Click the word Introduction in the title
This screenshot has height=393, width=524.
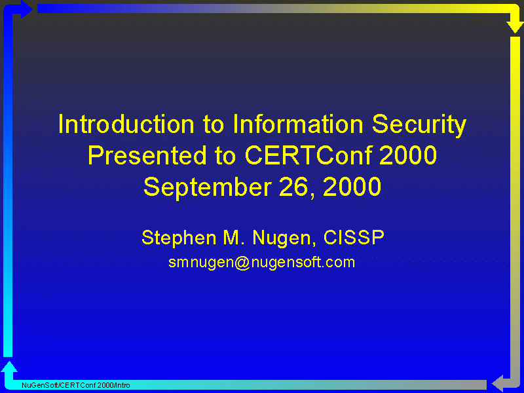[x=126, y=124]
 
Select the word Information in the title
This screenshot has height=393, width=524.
[x=298, y=124]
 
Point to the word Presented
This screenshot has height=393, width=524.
[x=147, y=155]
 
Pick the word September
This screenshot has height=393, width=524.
[x=207, y=188]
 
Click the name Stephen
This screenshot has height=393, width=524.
[x=179, y=238]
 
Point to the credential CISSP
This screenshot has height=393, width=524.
[x=354, y=238]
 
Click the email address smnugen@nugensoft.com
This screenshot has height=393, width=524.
[x=261, y=263]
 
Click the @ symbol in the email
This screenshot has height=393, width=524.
[x=242, y=263]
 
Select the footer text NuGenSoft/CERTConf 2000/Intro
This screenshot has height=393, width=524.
[x=76, y=385]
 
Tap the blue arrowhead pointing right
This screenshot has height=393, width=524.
[x=27, y=9]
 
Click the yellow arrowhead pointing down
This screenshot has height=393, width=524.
[x=515, y=27]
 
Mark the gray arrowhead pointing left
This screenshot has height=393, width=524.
[x=497, y=383]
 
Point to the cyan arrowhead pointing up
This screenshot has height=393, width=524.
[x=9, y=367]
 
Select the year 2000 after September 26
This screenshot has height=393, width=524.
[x=352, y=187]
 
